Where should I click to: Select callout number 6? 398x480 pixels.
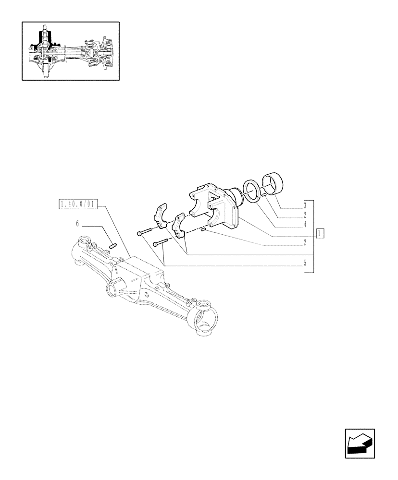(x=77, y=224)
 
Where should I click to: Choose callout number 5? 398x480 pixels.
(x=305, y=264)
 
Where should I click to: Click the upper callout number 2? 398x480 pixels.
(x=305, y=214)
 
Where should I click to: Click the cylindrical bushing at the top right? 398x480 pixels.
(x=273, y=185)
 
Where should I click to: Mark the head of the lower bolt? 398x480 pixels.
(x=155, y=243)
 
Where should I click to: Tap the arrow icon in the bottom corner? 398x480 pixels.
(x=359, y=444)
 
